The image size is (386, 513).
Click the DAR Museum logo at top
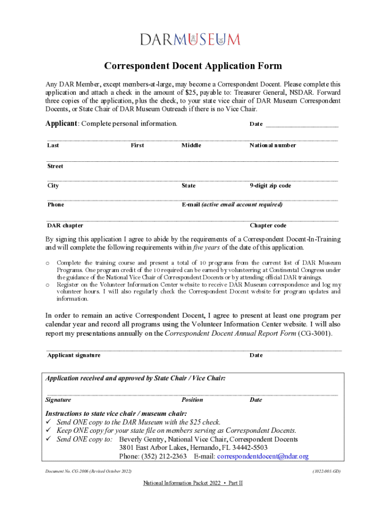pos(190,40)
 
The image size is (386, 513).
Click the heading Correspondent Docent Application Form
pos(193,66)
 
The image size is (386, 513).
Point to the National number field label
pos(273,145)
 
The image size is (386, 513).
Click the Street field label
pos(55,166)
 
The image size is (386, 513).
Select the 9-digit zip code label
pos(270,185)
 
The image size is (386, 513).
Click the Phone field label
pos(56,204)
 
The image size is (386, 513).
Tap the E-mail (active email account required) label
pos(232,204)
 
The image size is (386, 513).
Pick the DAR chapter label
pos(65,225)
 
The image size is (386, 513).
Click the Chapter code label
pos(268,225)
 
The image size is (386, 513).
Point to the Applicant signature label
pos(74,355)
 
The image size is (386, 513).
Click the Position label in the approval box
pos(192,400)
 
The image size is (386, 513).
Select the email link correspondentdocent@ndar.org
pos(263,456)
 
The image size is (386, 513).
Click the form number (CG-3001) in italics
pos(315,334)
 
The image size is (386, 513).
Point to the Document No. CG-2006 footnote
pos(88,471)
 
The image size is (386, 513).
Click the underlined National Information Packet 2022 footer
pos(193,483)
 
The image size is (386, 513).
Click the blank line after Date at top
pos(302,125)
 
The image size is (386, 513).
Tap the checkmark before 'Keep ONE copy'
pos(49,431)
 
